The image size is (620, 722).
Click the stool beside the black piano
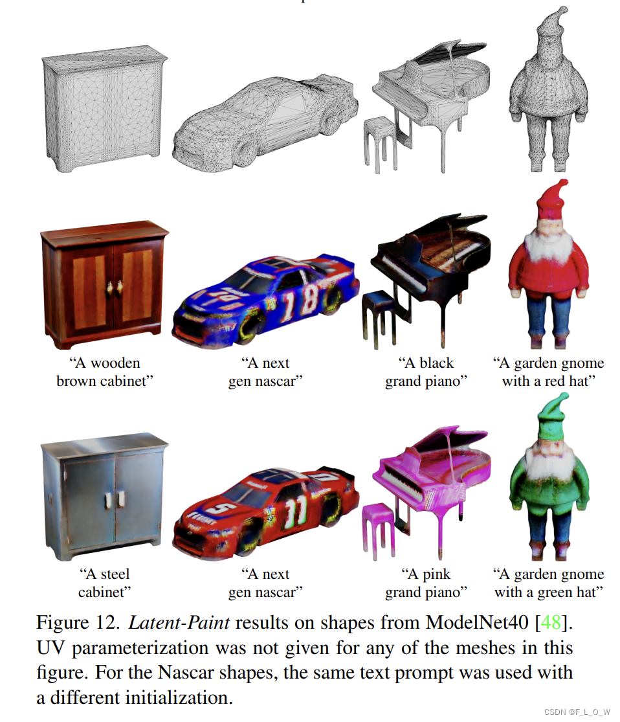379,318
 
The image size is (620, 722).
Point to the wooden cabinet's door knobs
114,288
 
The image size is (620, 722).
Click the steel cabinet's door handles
114,501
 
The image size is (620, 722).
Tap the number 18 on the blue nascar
299,302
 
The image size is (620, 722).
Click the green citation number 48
551,622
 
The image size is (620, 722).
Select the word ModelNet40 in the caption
477,622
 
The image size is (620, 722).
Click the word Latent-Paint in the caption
179,622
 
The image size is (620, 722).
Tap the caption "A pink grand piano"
426,583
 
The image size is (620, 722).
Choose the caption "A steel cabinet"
104,583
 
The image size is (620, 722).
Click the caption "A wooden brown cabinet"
104,372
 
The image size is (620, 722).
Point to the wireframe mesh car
265,122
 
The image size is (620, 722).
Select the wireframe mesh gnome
548,90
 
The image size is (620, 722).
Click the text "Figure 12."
78,622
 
